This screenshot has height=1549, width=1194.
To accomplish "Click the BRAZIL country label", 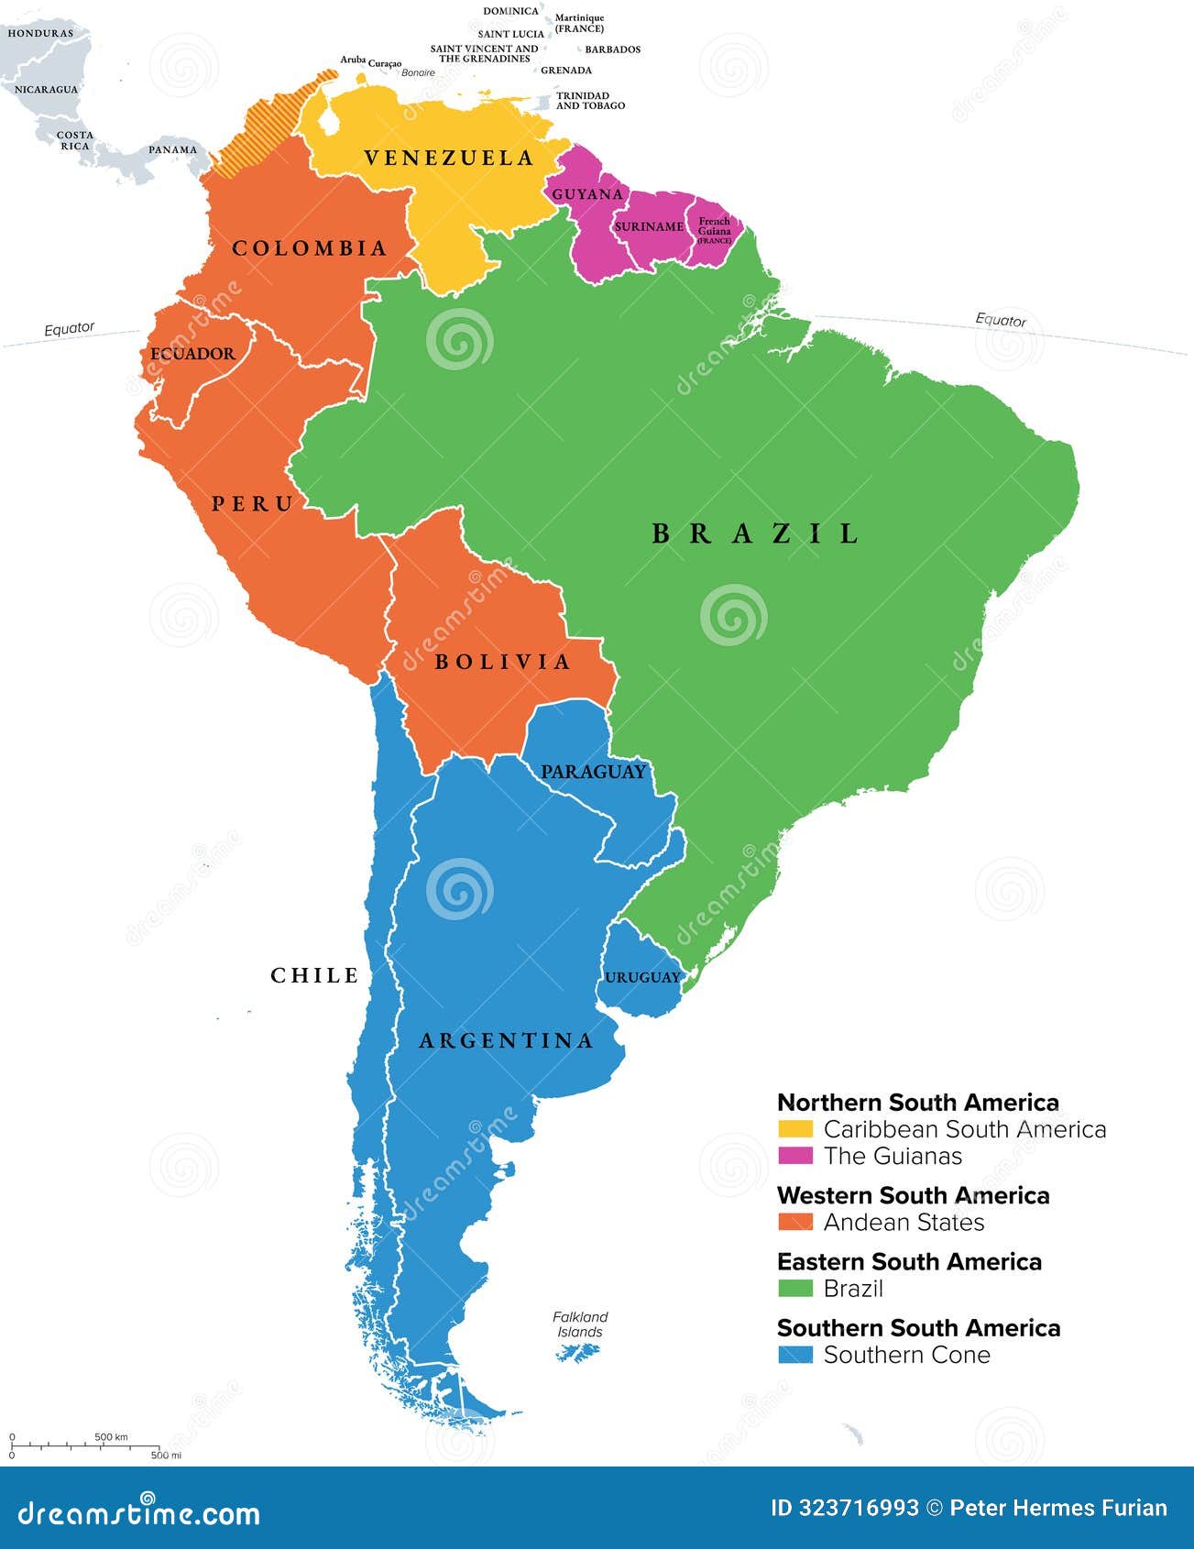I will click(x=756, y=533).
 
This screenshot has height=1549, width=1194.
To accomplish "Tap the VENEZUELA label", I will click(x=448, y=159).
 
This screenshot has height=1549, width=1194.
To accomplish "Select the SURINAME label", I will click(x=649, y=226).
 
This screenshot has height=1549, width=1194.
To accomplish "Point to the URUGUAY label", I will click(x=642, y=977).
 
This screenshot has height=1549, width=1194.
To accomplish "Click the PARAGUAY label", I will click(x=593, y=772).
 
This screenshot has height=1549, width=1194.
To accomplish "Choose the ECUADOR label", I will click(x=192, y=354).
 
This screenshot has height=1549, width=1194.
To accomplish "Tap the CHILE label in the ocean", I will click(x=314, y=975).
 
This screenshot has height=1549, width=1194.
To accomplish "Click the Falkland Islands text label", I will click(x=580, y=1324).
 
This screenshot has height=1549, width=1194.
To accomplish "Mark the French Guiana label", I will click(x=714, y=227).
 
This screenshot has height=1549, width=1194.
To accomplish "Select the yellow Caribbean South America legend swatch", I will click(x=794, y=1129).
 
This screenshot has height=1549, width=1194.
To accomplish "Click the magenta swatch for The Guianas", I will click(x=794, y=1156).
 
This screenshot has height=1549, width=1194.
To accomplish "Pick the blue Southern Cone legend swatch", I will click(x=794, y=1355).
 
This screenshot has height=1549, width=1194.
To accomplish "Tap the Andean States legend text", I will click(x=904, y=1222).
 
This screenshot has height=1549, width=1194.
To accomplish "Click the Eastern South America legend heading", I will click(x=909, y=1262).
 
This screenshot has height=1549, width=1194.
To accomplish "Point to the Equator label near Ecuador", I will click(x=70, y=328).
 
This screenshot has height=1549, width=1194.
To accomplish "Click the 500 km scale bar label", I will click(x=111, y=1436).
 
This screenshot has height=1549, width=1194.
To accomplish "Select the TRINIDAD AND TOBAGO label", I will click(x=589, y=101).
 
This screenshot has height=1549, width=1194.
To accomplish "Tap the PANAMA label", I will click(x=173, y=149).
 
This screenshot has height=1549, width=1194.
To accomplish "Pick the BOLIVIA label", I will click(x=502, y=662).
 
